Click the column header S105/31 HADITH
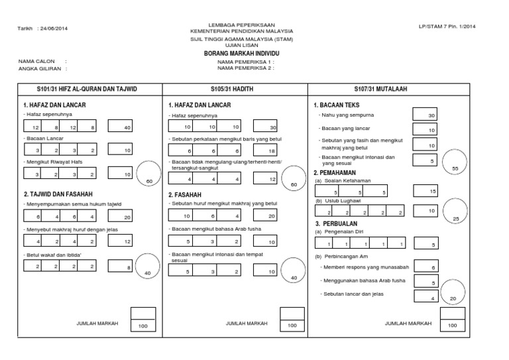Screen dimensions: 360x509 tap(235, 89)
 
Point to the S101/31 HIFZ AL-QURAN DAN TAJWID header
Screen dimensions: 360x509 tap(85, 89)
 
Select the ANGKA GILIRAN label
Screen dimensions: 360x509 tap(38, 68)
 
